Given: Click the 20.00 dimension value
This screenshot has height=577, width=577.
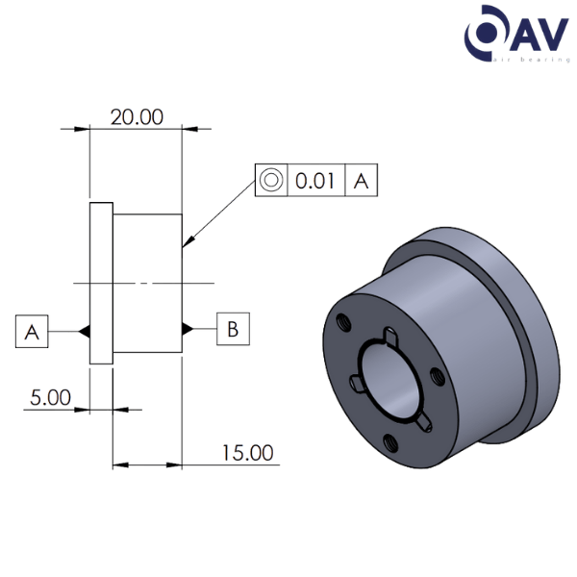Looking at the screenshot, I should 137,117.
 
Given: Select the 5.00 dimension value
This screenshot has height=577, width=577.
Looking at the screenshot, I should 50,396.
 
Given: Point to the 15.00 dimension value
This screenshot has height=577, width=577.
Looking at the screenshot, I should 247,452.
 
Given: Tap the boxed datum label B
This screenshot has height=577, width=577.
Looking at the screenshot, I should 233,329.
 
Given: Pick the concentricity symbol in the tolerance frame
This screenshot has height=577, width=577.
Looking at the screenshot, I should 271,180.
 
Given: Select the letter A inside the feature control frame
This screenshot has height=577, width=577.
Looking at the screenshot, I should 361,180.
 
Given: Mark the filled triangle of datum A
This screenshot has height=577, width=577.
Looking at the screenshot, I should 85,332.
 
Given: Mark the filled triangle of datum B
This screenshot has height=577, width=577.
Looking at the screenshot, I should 188,329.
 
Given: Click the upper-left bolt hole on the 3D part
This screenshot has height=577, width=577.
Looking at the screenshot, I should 343,321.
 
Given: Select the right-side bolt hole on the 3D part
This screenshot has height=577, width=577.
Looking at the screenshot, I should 436,377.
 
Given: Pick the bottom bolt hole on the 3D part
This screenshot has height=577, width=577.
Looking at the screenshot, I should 389,442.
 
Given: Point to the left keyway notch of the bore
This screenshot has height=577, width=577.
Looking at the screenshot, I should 355,384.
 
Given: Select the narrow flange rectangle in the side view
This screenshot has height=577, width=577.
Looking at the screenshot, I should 101,283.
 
